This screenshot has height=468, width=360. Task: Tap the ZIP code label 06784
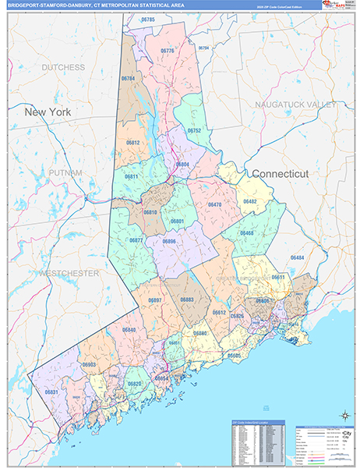coord(129,79)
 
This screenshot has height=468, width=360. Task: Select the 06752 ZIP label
coord(193,130)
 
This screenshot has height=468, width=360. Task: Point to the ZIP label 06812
coord(132,143)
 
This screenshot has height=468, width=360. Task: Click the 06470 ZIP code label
coord(214,204)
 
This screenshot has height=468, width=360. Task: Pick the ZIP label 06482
coord(249,201)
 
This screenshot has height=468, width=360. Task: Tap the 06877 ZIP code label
coord(136,240)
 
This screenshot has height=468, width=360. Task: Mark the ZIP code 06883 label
coord(187,300)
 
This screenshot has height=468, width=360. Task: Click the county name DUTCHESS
coord(63,68)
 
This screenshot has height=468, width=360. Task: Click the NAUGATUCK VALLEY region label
coord(295,104)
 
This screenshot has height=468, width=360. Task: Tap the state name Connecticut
coord(280,173)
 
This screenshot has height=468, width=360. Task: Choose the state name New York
coord(48,112)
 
